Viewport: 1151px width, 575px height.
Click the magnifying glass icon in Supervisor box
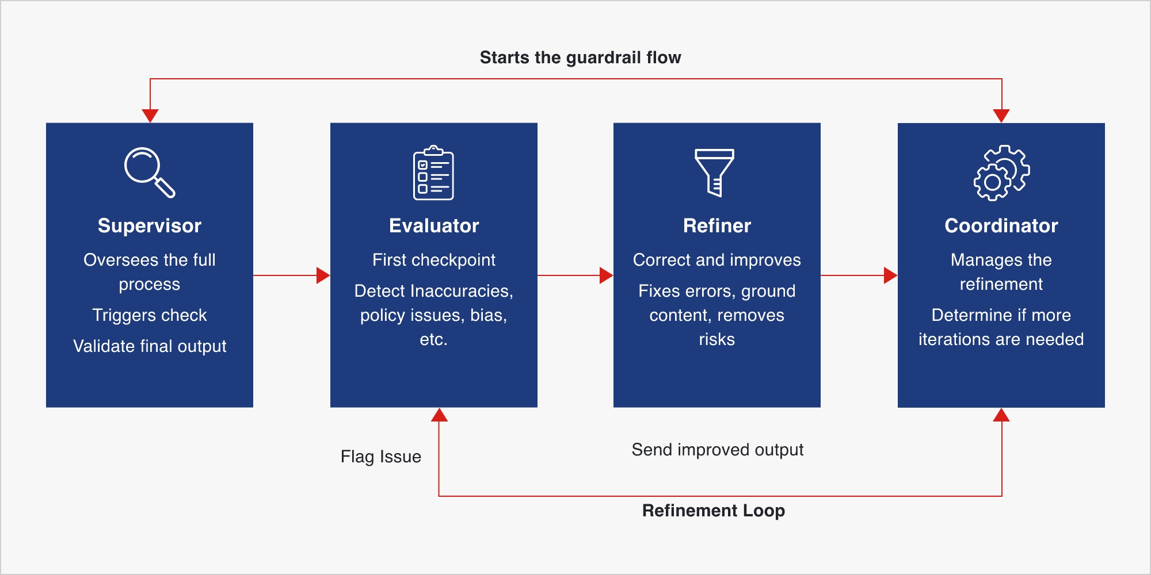(x=149, y=172)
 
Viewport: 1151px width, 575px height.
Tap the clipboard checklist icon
(x=433, y=172)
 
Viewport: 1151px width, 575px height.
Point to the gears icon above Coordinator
(x=1001, y=172)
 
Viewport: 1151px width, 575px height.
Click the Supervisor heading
(x=150, y=225)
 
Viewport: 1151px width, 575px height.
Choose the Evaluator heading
(x=434, y=225)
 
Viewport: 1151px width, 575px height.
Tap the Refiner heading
(x=717, y=225)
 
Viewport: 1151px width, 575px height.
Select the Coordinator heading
(x=1001, y=225)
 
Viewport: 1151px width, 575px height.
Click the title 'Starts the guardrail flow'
(x=580, y=57)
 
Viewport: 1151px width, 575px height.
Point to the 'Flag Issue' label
(x=380, y=457)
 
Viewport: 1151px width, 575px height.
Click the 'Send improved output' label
(x=717, y=450)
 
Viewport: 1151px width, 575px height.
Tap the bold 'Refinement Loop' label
(x=713, y=511)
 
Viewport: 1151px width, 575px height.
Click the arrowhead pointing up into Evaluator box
(x=439, y=415)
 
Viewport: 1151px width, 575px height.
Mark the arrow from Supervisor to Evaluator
(x=291, y=275)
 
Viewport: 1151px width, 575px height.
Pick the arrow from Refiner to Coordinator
(x=859, y=275)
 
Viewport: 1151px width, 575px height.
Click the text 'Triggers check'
(x=150, y=315)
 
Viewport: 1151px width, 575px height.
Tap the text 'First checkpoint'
(x=434, y=260)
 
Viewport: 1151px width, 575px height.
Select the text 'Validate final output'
(x=150, y=346)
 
